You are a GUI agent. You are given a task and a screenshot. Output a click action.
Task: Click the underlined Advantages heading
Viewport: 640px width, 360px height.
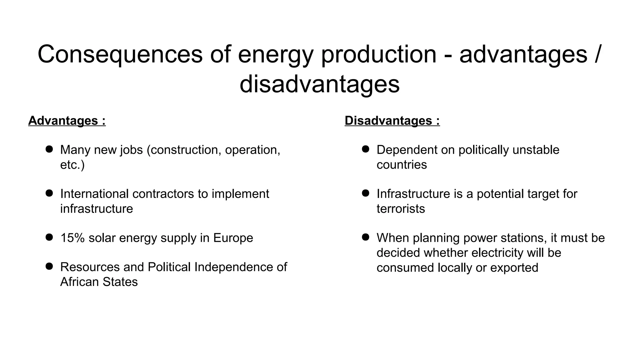(67, 121)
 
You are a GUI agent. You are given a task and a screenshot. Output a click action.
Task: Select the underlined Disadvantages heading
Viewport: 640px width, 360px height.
(392, 121)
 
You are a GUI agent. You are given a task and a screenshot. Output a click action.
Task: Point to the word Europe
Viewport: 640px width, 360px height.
(233, 238)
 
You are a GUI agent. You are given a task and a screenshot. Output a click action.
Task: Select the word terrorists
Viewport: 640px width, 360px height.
(401, 209)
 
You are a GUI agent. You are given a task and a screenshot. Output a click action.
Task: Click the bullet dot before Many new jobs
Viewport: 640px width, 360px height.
(49, 149)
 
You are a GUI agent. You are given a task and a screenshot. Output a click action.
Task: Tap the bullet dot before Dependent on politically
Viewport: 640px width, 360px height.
(366, 149)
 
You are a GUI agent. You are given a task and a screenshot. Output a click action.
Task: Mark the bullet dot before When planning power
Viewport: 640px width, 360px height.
(366, 237)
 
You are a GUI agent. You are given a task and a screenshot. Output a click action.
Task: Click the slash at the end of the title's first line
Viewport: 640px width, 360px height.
(597, 54)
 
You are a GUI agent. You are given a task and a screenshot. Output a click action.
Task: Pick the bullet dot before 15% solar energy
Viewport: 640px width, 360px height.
(49, 237)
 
